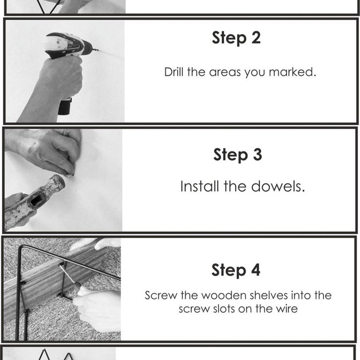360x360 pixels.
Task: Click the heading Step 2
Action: [236, 38]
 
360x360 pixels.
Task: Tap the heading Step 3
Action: [238, 155]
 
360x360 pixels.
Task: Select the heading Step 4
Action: [236, 270]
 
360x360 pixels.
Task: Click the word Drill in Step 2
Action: [174, 72]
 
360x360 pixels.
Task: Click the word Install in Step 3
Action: [200, 186]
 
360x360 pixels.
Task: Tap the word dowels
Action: [278, 186]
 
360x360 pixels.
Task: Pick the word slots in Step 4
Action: [224, 309]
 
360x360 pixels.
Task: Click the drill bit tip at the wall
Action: [98, 50]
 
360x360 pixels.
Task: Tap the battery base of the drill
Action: [65, 106]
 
